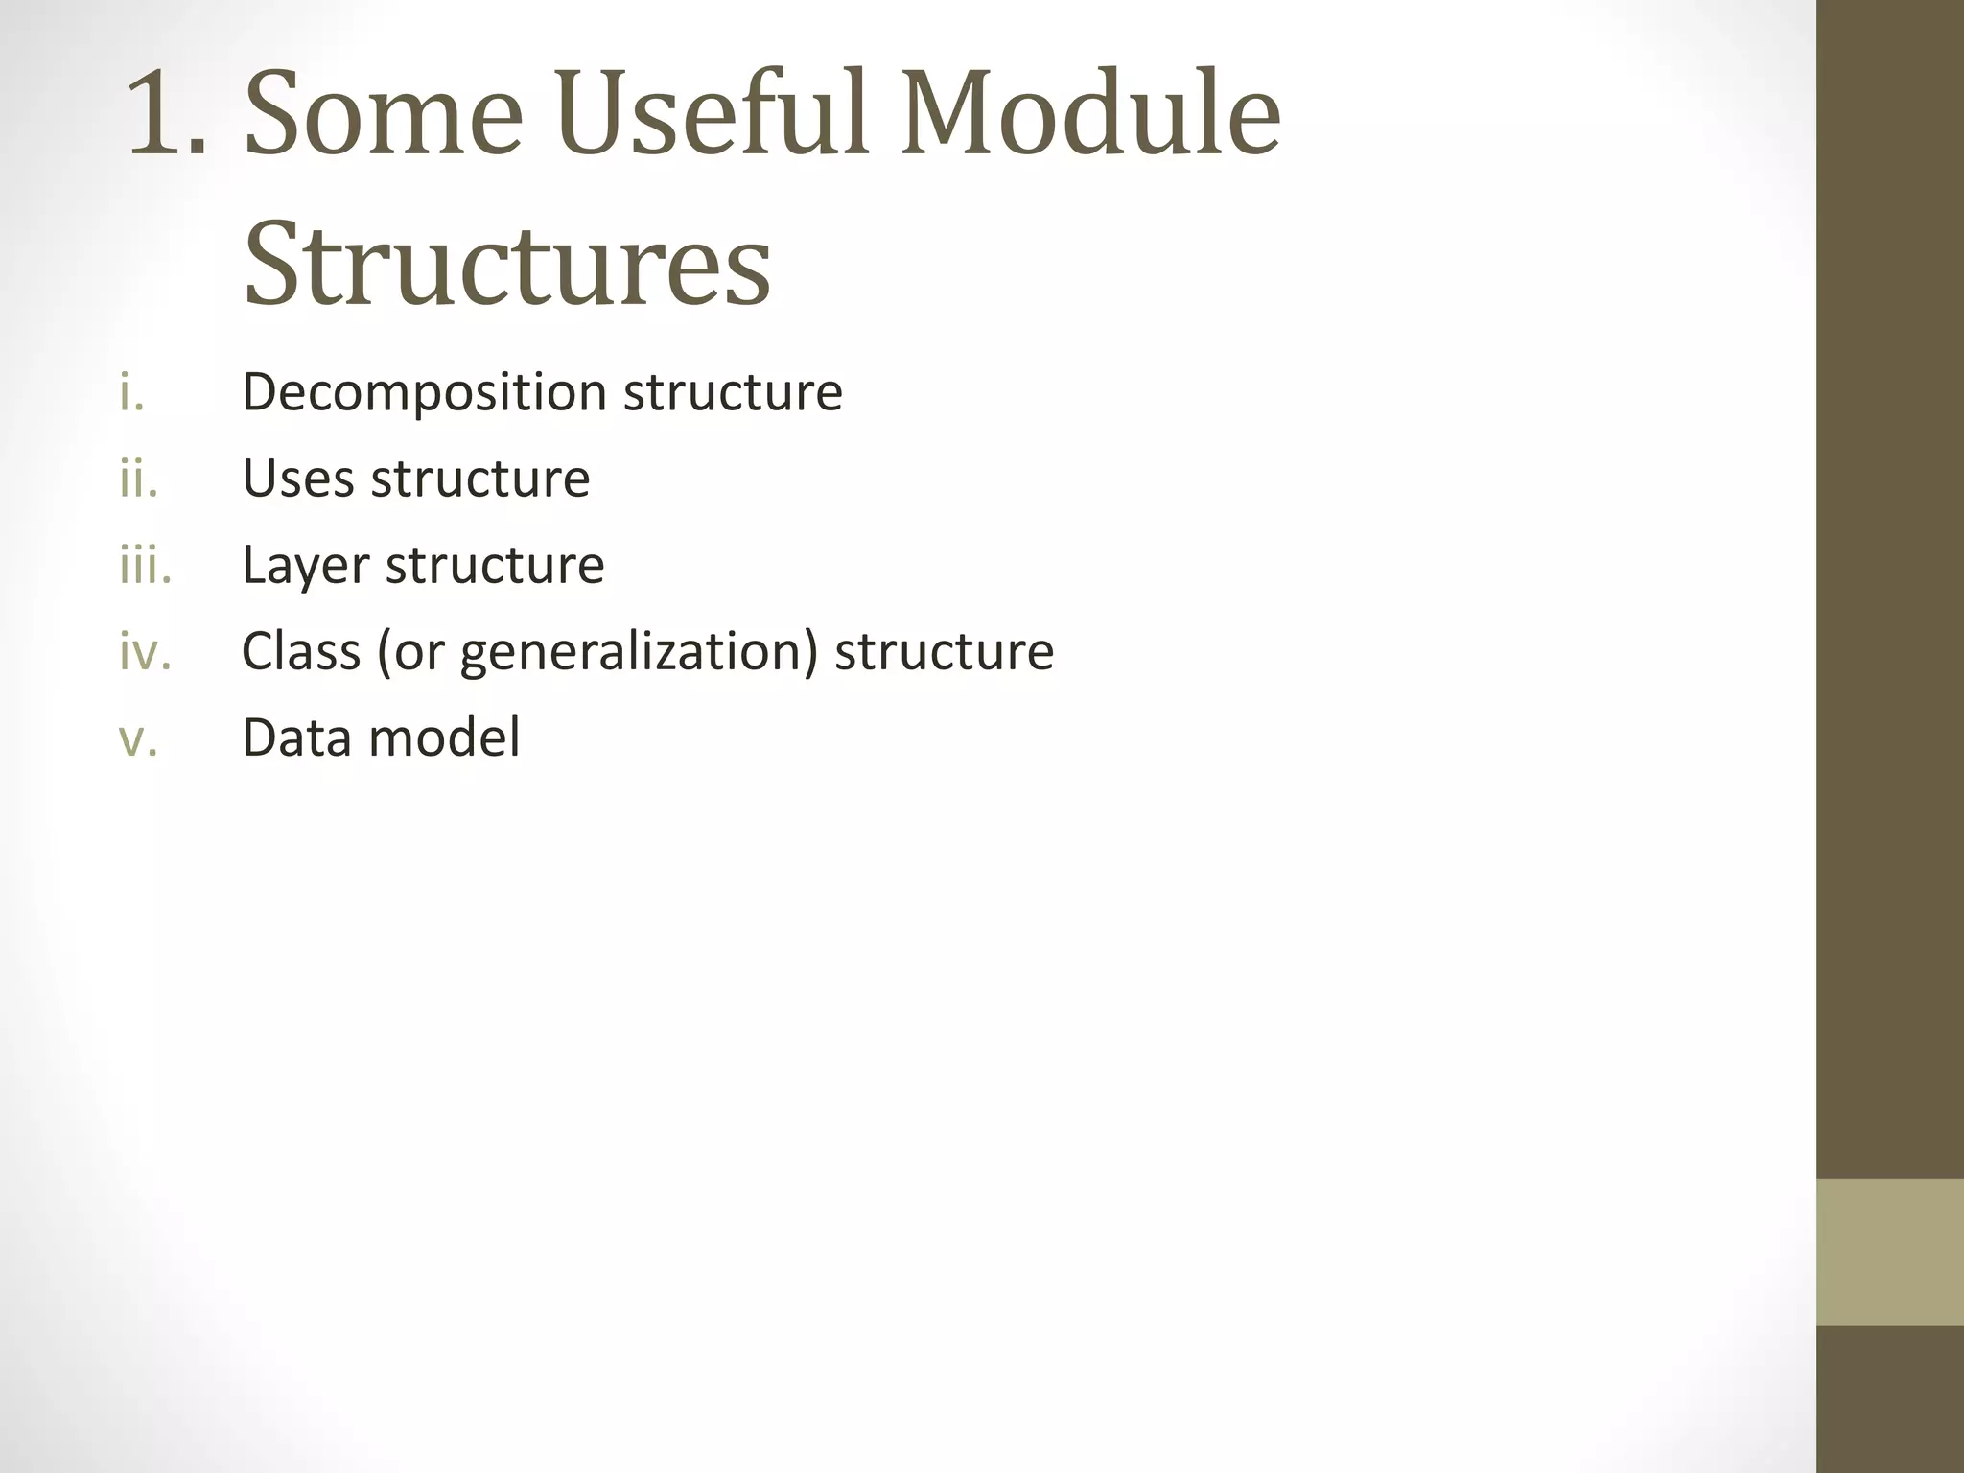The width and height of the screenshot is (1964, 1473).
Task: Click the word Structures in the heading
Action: coord(506,264)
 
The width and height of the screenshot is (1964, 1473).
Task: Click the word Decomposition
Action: coord(424,393)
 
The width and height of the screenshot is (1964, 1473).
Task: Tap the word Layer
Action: coord(305,566)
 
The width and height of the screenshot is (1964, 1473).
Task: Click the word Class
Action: coord(301,651)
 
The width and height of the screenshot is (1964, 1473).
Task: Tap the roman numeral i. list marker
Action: coord(131,393)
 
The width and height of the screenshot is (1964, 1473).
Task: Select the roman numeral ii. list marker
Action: coord(138,479)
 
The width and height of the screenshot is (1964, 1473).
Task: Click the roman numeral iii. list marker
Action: coord(145,565)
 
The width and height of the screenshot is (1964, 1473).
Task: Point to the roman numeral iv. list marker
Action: coord(145,652)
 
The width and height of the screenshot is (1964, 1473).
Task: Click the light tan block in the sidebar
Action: coord(1889,1252)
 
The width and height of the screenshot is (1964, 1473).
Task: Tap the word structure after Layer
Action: coord(495,565)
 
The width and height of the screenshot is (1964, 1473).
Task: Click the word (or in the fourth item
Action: coord(411,652)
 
